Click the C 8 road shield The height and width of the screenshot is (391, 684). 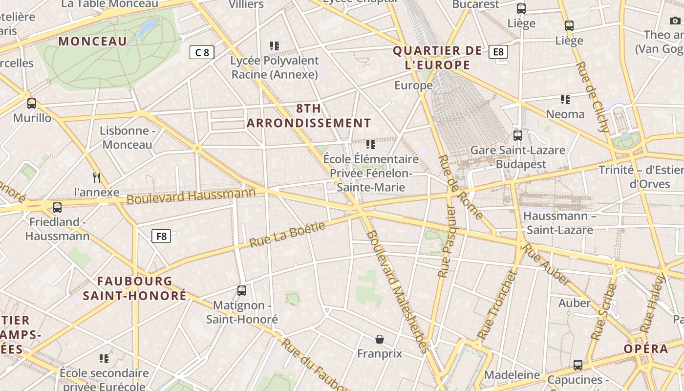click(202, 52)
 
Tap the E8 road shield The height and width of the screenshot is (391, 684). click(498, 51)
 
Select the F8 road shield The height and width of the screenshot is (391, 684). click(161, 237)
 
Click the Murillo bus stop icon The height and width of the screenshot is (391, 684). click(32, 104)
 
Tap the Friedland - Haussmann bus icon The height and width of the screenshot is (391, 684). click(57, 208)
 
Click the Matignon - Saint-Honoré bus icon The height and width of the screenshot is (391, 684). click(242, 291)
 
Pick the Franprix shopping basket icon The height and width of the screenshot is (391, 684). click(380, 339)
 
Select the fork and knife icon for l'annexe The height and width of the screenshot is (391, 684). click(97, 177)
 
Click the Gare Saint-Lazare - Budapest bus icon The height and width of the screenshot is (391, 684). click(518, 136)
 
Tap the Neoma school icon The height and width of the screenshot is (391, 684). click(565, 100)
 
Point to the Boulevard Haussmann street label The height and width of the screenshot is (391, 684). click(191, 195)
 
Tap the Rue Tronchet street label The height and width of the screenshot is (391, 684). click(497, 305)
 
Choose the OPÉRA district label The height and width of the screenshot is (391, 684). click(645, 349)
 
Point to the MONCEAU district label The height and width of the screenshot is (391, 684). click(92, 42)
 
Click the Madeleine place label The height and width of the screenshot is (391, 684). click(512, 375)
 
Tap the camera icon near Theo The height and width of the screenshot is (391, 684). click(675, 21)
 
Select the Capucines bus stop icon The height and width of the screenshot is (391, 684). click(578, 365)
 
